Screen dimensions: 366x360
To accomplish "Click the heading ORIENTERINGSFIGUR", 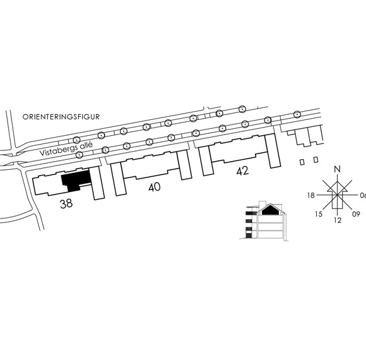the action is click(x=61, y=117).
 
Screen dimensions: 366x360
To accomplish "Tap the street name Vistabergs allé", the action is click(x=66, y=149).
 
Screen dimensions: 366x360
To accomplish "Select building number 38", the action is click(x=66, y=204).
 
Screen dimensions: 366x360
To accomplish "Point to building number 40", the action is click(x=155, y=187).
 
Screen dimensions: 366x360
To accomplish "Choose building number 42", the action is click(x=242, y=171).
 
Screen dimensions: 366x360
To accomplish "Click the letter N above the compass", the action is click(x=338, y=169).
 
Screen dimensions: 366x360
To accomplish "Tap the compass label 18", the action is click(x=311, y=195).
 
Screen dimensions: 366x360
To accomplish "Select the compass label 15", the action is click(x=319, y=214).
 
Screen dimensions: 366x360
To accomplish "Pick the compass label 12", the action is click(x=338, y=220).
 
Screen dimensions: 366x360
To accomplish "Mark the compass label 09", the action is click(x=356, y=214).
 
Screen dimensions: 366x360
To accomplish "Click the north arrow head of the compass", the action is click(x=338, y=187).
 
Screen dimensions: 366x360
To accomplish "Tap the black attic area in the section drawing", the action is click(x=270, y=210).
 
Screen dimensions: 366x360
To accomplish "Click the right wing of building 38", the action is click(x=97, y=183).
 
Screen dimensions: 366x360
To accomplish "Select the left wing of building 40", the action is click(x=118, y=179).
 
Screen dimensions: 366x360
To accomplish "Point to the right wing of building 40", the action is click(x=184, y=165).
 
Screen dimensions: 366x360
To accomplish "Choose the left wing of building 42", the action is click(x=206, y=162).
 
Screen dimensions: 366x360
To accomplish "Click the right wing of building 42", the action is click(x=273, y=151).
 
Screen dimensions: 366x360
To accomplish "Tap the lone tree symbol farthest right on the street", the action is click(x=297, y=114).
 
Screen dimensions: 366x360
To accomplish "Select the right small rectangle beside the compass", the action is click(x=316, y=160).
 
